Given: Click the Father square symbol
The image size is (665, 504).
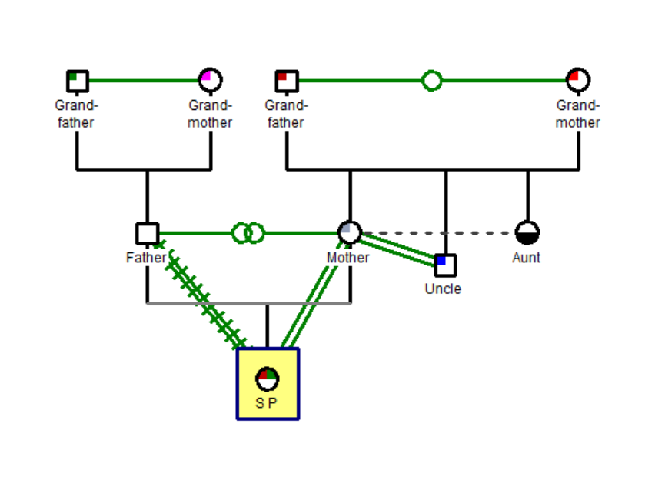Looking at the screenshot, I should coord(147,233).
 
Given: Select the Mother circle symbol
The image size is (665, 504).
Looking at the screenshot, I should coord(350,232).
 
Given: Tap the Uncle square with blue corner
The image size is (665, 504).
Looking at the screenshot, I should coord(445,265).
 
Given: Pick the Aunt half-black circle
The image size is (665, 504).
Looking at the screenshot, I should coord(527,232).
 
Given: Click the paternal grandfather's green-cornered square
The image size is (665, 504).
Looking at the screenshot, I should coord(77,81).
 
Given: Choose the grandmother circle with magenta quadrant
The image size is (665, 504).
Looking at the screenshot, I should coord(210,79).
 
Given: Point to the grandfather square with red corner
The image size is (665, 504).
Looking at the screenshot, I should coord(287,80).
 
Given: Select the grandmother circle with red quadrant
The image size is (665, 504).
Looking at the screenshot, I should coord(578,79).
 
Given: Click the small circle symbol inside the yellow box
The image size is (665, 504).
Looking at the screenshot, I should coord(268,379).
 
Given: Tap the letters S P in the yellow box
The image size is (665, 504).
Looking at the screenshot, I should coord(266,402).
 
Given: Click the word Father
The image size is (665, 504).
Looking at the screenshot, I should coord(146,258).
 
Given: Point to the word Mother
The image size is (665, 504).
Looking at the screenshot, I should coord(347,258).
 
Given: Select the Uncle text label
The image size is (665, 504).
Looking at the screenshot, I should coord(443,289).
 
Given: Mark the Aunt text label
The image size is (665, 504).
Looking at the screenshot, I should coord(527,258).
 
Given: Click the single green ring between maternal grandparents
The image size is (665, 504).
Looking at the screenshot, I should coord(432,80).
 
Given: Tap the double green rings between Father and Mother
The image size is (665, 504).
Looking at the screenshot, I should coord(248,232).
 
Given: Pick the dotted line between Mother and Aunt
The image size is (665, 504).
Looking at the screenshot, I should coord(438,232).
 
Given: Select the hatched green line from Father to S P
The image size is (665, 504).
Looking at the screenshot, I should coord(204,295).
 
